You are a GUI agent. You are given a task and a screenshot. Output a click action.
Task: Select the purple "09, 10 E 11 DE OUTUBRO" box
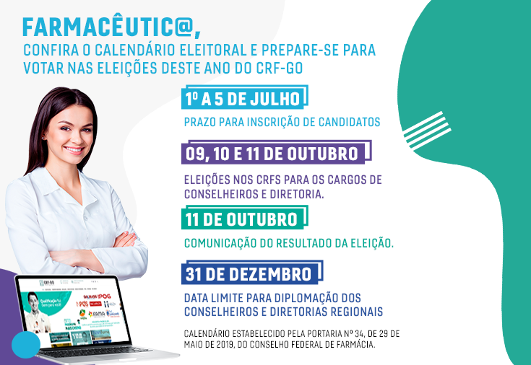tap(272, 154)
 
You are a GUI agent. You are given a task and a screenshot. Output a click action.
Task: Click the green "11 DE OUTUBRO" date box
tap(241, 219)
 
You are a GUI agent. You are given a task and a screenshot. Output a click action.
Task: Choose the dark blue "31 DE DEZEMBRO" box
tap(249, 274)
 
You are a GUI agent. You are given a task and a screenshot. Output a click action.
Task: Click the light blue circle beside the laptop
tap(25, 346)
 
